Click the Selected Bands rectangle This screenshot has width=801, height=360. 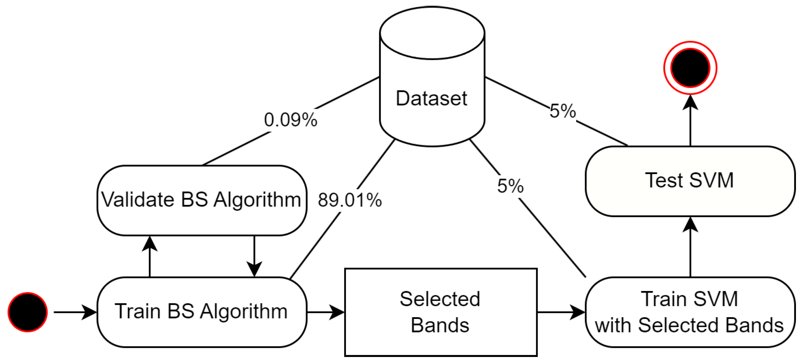[x=441, y=312]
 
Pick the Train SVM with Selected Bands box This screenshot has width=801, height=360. [x=690, y=312]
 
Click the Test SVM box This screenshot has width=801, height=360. [x=690, y=181]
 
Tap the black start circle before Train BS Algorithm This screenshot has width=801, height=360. [x=28, y=312]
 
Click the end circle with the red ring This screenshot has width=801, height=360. [x=690, y=68]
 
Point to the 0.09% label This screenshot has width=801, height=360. [x=290, y=120]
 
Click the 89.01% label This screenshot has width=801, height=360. [x=350, y=200]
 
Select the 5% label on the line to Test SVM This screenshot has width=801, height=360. [x=562, y=111]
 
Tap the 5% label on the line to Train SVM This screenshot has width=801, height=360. [x=510, y=186]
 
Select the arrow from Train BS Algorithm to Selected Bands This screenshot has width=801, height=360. [x=326, y=312]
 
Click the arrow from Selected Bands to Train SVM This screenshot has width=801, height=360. [x=561, y=312]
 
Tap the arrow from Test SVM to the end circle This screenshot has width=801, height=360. [x=690, y=121]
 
